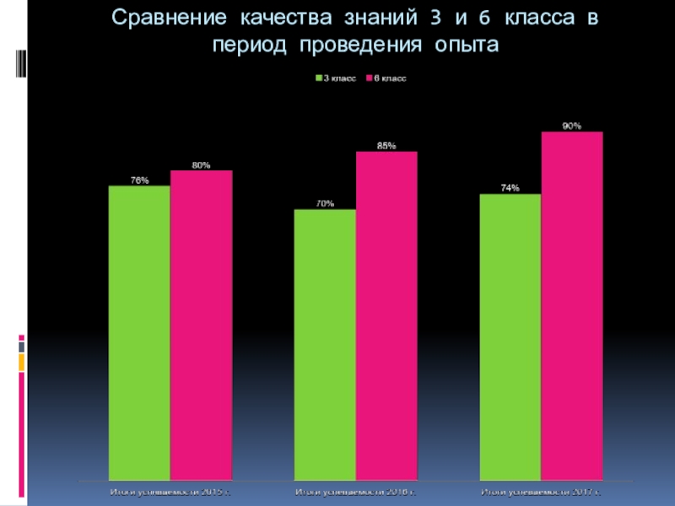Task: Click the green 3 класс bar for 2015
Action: (139, 333)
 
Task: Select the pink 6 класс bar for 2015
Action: (201, 326)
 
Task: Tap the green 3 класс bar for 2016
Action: (325, 345)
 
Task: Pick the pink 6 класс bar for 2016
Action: (386, 316)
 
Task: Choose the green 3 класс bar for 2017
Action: (510, 337)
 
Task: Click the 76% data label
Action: (139, 180)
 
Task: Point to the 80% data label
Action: (201, 164)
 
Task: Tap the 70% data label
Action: (325, 203)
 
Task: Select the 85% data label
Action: (386, 146)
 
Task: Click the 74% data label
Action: (510, 188)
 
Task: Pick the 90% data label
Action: (572, 126)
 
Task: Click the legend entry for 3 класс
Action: (336, 78)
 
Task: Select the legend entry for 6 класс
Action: (386, 78)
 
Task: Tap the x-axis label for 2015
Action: (170, 490)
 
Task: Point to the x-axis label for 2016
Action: (355, 490)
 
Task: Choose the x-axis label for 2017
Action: (541, 490)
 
